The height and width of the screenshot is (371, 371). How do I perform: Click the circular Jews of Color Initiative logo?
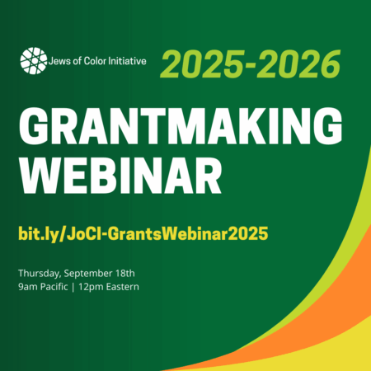(x=34, y=61)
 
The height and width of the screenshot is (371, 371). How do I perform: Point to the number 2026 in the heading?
(x=299, y=63)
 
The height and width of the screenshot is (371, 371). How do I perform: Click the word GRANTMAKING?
(x=181, y=125)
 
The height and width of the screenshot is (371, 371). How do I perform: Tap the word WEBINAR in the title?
(x=121, y=176)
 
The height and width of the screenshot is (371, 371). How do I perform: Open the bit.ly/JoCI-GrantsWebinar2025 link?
(x=143, y=234)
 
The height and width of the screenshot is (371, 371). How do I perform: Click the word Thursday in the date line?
(x=40, y=274)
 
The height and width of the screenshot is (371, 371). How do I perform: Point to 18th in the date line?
(x=125, y=273)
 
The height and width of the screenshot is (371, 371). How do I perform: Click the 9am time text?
(x=28, y=287)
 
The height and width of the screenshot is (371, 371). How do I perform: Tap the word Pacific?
(x=54, y=287)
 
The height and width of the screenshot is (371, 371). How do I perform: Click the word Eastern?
(x=123, y=287)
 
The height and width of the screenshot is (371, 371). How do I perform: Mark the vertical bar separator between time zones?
(x=73, y=287)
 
